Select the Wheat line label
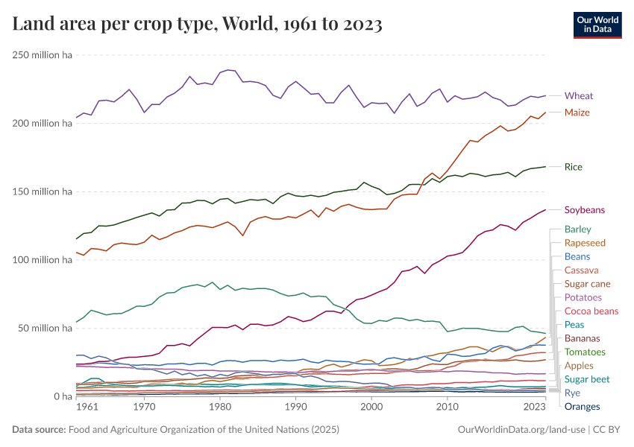(x=579, y=95)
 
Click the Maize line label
(x=577, y=112)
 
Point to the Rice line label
(x=573, y=167)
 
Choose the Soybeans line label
(x=584, y=210)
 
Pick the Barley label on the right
(x=578, y=229)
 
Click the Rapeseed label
(x=585, y=243)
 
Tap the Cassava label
(x=581, y=270)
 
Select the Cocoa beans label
(x=591, y=311)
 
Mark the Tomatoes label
(x=585, y=352)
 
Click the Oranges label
(x=582, y=406)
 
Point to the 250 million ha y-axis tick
(x=41, y=54)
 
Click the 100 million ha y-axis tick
(x=41, y=260)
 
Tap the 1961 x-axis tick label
(x=87, y=408)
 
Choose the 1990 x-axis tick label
(x=295, y=408)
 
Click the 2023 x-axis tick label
(x=535, y=408)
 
